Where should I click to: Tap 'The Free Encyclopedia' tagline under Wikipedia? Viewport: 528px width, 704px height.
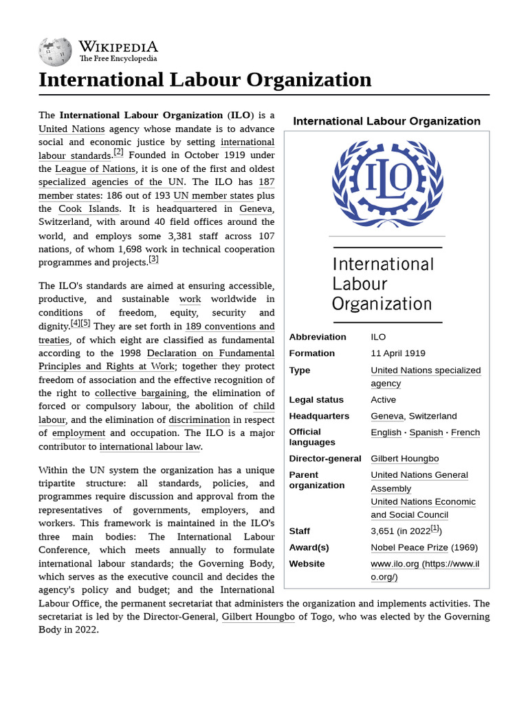118,59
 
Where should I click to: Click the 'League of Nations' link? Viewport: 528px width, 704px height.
96,169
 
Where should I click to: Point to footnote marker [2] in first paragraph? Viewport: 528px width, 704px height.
118,153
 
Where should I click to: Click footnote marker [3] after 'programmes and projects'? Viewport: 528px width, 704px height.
153,260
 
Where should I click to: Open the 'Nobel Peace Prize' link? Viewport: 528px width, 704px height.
409,548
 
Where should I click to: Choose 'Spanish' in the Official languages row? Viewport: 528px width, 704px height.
426,432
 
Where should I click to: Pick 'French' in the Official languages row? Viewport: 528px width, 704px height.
465,432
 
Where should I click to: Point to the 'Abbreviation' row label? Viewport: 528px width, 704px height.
318,337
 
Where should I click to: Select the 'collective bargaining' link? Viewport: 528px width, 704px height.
141,393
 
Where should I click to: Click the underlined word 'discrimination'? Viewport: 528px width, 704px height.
199,420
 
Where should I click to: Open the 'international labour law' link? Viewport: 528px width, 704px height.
150,447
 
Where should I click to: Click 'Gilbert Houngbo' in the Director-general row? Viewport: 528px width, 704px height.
404,459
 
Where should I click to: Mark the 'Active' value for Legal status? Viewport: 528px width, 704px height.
384,399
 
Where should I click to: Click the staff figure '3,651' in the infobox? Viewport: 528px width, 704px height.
383,531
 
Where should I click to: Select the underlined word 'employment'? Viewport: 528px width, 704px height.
78,433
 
